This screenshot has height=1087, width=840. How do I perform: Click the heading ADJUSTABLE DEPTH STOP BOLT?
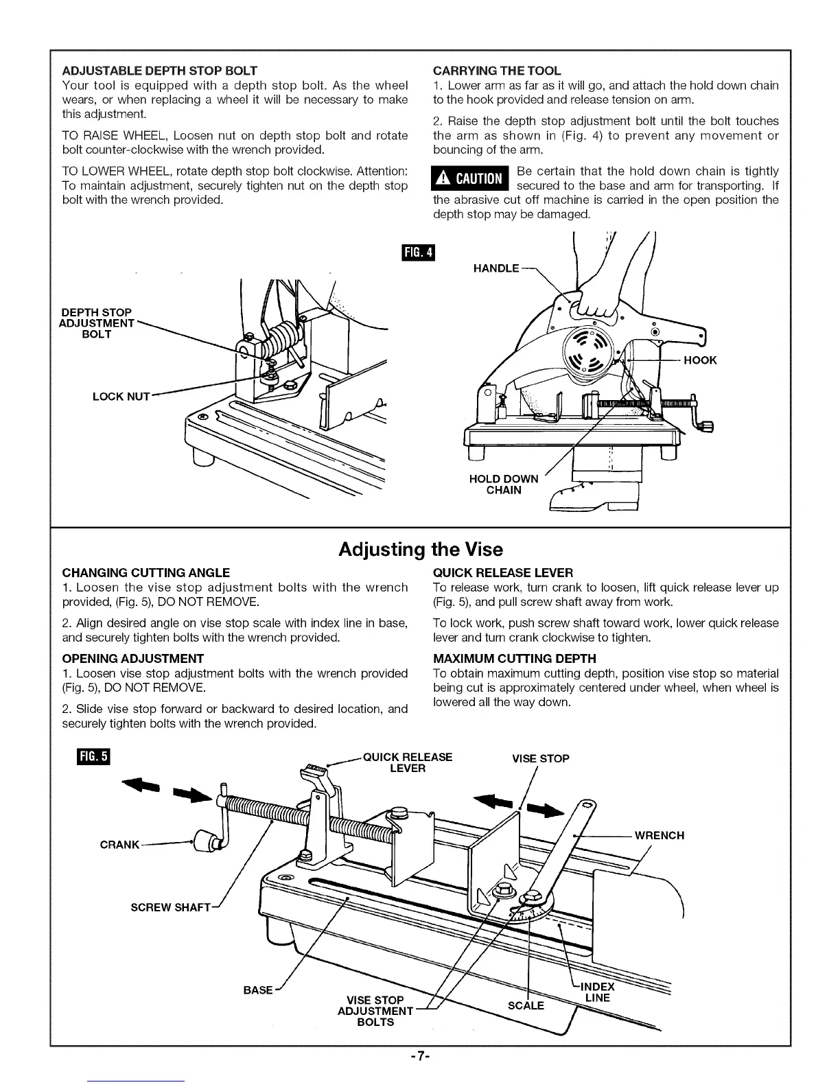pos(160,71)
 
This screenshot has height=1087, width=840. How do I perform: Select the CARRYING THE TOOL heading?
pos(497,71)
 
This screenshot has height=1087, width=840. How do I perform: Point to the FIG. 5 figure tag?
pos(94,757)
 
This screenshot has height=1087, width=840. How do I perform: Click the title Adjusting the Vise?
pos(420,550)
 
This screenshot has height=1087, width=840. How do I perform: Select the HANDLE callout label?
pos(496,268)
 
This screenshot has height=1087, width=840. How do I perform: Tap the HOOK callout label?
pos(699,360)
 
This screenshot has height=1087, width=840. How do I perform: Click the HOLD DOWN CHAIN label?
pos(503,484)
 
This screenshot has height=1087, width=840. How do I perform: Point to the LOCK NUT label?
pos(121,397)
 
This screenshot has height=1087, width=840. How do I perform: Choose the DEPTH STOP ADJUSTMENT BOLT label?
pos(96,323)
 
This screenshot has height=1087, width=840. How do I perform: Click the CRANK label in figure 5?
pos(119,845)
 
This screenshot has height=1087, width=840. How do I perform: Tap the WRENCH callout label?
pos(659,836)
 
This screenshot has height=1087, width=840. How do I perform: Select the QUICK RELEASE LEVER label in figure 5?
pos(408,762)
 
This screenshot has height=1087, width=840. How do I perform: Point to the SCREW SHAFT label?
pos(170,907)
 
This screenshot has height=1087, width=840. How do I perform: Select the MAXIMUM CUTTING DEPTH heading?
pos(515,659)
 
